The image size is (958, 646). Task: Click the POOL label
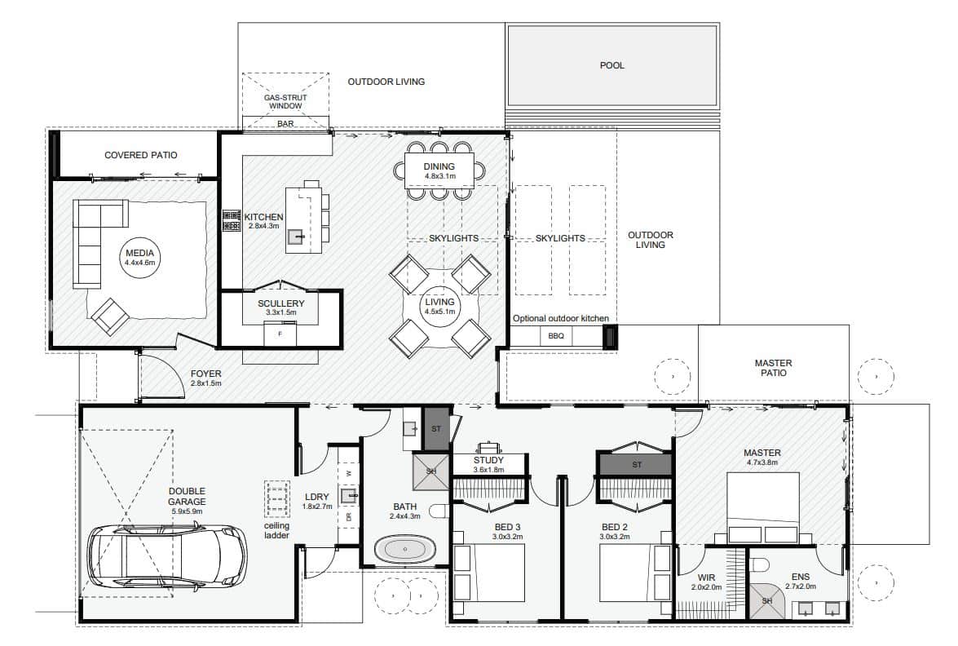(611, 65)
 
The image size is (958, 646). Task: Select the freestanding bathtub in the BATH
(404, 550)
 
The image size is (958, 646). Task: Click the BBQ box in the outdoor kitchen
(556, 336)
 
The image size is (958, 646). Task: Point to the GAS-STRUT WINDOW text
(285, 101)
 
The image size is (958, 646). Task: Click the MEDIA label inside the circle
(140, 253)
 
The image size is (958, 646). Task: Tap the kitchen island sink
(296, 236)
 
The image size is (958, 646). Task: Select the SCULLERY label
(280, 303)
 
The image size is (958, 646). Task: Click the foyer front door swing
(162, 374)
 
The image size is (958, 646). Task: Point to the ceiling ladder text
(276, 530)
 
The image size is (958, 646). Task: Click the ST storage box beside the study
(435, 428)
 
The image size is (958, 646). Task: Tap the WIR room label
(706, 577)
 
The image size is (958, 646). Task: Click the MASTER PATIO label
(773, 368)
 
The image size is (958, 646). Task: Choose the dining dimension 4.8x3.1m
(440, 176)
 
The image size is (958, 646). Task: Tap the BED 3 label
(507, 528)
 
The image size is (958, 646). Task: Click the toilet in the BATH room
(439, 511)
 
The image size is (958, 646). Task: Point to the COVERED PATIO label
(140, 155)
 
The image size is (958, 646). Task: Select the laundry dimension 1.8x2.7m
(318, 507)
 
